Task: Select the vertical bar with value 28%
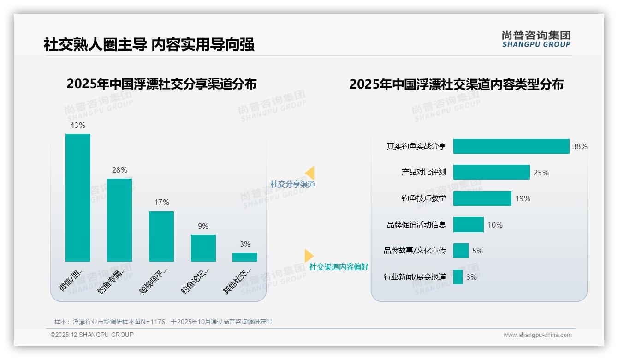point(119,220)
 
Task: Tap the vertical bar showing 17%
point(161,236)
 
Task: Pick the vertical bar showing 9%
point(203,248)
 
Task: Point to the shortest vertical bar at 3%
point(245,257)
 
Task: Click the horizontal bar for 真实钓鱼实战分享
point(511,146)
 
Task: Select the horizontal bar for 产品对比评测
point(491,172)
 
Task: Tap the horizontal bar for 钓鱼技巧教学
point(482,198)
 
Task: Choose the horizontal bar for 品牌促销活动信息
point(468,225)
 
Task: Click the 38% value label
point(580,147)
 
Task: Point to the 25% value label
point(541,173)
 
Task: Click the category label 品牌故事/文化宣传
point(415,251)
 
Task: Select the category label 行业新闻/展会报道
point(415,277)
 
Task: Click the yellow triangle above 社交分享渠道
point(310,173)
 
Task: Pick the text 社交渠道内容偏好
point(339,267)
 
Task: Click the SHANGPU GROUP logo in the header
point(536,39)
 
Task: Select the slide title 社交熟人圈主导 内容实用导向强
point(149,45)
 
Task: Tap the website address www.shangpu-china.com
point(537,335)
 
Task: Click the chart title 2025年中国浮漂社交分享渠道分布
point(161,84)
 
